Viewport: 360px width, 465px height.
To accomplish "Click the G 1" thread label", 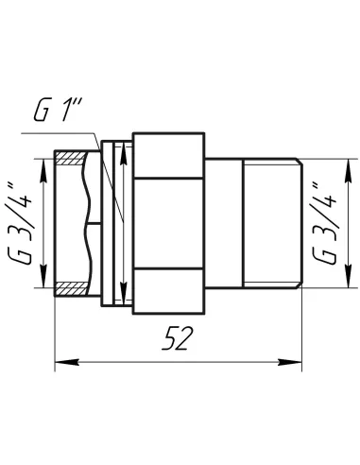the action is click(58, 110).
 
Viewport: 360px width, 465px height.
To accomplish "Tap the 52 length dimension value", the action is click(178, 338).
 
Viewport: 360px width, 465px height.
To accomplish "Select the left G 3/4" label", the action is click(19, 224).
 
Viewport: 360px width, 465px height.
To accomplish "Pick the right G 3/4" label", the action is click(324, 223).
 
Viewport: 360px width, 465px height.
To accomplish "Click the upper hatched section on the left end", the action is click(71, 158).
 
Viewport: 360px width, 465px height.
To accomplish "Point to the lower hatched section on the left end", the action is click(71, 288).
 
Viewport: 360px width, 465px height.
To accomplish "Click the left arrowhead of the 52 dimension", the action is click(67, 362).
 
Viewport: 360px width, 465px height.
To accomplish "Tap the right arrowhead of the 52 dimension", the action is click(290, 362).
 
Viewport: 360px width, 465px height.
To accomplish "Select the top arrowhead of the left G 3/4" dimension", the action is click(43, 171).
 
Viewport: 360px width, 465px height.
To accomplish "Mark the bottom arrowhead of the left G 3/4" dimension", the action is click(43, 275).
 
